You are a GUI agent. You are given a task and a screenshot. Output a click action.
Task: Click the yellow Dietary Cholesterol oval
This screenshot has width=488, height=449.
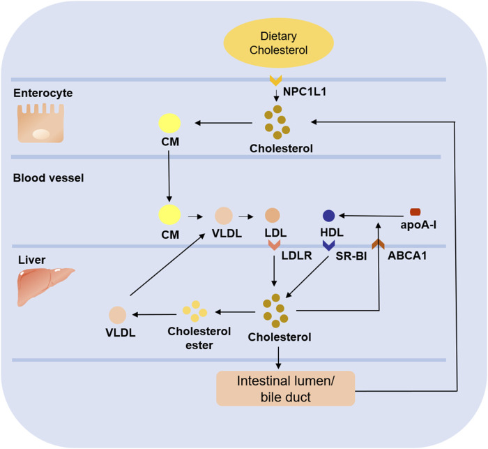[x=279, y=43]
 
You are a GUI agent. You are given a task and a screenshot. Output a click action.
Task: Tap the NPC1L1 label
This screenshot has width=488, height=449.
[x=305, y=91]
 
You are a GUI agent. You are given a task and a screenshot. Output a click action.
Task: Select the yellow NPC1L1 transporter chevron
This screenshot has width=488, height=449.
[x=276, y=80]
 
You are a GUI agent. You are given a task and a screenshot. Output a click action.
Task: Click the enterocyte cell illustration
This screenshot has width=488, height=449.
[x=40, y=123]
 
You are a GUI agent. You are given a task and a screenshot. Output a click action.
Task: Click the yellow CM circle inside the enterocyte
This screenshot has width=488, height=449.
[x=169, y=123]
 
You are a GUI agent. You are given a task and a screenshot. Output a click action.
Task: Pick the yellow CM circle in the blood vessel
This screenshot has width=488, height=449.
[x=169, y=214]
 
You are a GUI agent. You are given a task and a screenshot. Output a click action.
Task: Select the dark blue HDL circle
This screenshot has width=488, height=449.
[x=328, y=216]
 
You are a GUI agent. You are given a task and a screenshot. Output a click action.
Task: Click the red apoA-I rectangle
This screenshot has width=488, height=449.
[x=415, y=212]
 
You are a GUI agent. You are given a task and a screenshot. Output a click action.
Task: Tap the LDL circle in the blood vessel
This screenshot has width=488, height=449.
[x=273, y=215]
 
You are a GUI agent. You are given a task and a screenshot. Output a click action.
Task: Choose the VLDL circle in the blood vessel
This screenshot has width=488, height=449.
[x=224, y=216]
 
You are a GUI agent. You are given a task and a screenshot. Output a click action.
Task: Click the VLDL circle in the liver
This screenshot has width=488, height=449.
[x=118, y=315]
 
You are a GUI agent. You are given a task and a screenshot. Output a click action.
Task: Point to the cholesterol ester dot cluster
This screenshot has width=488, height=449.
[x=195, y=311]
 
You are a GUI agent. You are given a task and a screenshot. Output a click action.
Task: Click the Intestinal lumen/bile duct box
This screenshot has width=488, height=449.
[x=286, y=388]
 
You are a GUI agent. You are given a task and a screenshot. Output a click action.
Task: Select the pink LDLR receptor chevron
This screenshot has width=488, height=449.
[x=274, y=245]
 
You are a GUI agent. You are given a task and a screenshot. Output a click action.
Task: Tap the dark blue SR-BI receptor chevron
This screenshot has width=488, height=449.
[x=328, y=245]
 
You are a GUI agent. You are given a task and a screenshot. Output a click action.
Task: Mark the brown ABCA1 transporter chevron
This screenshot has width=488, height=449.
[x=378, y=244]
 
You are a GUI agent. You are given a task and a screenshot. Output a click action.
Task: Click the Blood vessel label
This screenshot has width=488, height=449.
[x=49, y=178]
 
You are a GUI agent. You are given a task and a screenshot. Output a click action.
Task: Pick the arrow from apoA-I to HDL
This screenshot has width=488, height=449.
[x=371, y=216]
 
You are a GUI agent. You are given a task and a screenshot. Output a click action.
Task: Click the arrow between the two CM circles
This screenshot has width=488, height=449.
[x=169, y=177]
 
